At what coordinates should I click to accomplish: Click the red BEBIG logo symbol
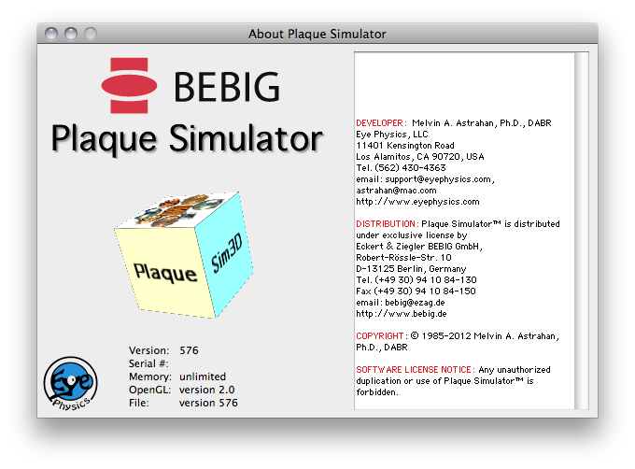(x=129, y=85)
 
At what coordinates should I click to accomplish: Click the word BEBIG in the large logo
(x=227, y=86)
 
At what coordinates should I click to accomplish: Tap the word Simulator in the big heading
(x=246, y=138)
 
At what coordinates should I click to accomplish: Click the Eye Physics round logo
(x=70, y=383)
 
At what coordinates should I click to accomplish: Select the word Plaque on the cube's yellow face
(x=165, y=273)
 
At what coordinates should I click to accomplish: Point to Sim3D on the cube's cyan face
(x=227, y=253)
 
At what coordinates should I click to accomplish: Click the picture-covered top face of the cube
(x=178, y=210)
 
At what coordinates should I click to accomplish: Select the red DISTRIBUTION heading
(x=387, y=224)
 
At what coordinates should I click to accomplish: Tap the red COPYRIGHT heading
(x=381, y=336)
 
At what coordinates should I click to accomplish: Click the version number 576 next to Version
(x=190, y=350)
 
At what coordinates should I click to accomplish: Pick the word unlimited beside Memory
(x=203, y=377)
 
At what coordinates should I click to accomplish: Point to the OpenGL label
(x=149, y=390)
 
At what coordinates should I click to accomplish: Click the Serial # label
(x=148, y=363)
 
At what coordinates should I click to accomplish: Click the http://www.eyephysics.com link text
(x=417, y=202)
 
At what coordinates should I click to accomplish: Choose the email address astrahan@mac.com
(x=396, y=191)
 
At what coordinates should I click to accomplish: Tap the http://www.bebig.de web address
(x=402, y=314)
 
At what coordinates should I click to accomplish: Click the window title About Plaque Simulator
(x=317, y=34)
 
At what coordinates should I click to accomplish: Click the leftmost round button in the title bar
(x=51, y=34)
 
